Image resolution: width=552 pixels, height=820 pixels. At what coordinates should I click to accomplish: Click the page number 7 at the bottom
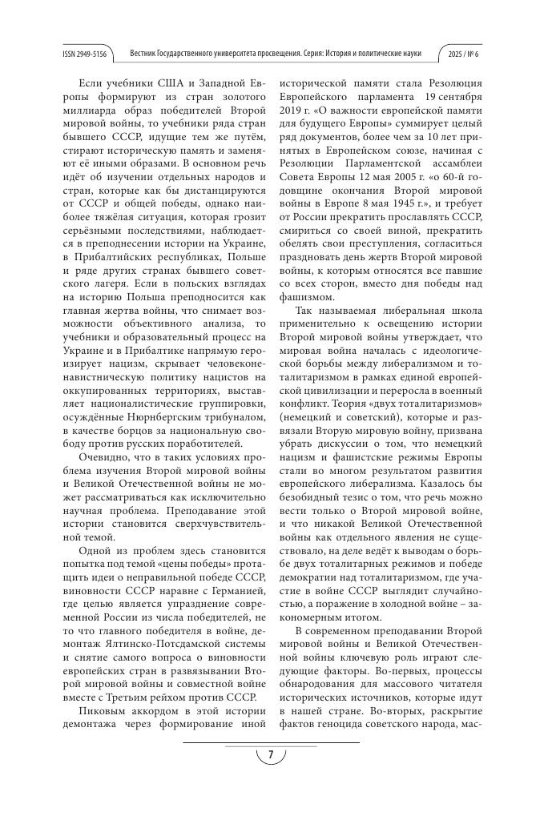271,755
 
